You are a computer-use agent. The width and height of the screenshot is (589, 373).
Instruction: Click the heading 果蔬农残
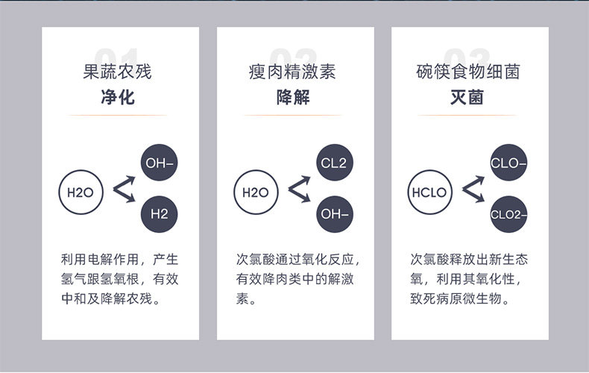[x=117, y=72]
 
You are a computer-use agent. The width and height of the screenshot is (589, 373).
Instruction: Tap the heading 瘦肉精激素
[x=292, y=72]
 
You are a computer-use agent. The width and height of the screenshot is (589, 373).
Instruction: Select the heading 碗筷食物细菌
[x=467, y=72]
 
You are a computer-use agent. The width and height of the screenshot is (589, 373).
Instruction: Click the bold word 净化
[x=117, y=97]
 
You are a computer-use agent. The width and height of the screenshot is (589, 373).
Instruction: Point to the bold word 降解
[x=292, y=97]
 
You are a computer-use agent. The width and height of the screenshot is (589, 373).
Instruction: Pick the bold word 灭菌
[x=467, y=97]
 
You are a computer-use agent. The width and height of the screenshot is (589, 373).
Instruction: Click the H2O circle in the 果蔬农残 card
[x=80, y=192]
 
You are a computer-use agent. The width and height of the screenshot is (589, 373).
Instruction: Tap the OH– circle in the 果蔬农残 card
[x=160, y=163]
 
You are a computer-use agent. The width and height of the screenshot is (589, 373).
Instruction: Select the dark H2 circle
[x=160, y=213]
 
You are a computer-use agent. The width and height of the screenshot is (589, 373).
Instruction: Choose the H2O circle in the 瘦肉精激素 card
[x=255, y=192]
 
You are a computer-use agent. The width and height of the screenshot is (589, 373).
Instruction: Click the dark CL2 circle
[x=334, y=163]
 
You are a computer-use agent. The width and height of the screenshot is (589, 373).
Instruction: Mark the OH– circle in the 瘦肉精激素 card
[x=334, y=213]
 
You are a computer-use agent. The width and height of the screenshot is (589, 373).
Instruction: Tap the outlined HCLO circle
[x=429, y=192]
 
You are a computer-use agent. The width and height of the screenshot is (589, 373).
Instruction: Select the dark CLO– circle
[x=508, y=163]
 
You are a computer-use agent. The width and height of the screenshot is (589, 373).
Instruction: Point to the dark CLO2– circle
[x=508, y=214]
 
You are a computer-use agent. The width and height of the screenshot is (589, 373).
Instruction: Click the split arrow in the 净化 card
[x=123, y=189]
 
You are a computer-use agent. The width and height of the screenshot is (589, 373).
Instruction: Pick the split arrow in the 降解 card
[x=298, y=189]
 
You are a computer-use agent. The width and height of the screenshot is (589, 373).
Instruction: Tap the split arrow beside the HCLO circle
[x=473, y=189]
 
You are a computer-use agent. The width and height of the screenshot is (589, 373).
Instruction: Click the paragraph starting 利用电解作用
[x=119, y=280]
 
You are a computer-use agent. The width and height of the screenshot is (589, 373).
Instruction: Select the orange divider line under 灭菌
[x=467, y=116]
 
